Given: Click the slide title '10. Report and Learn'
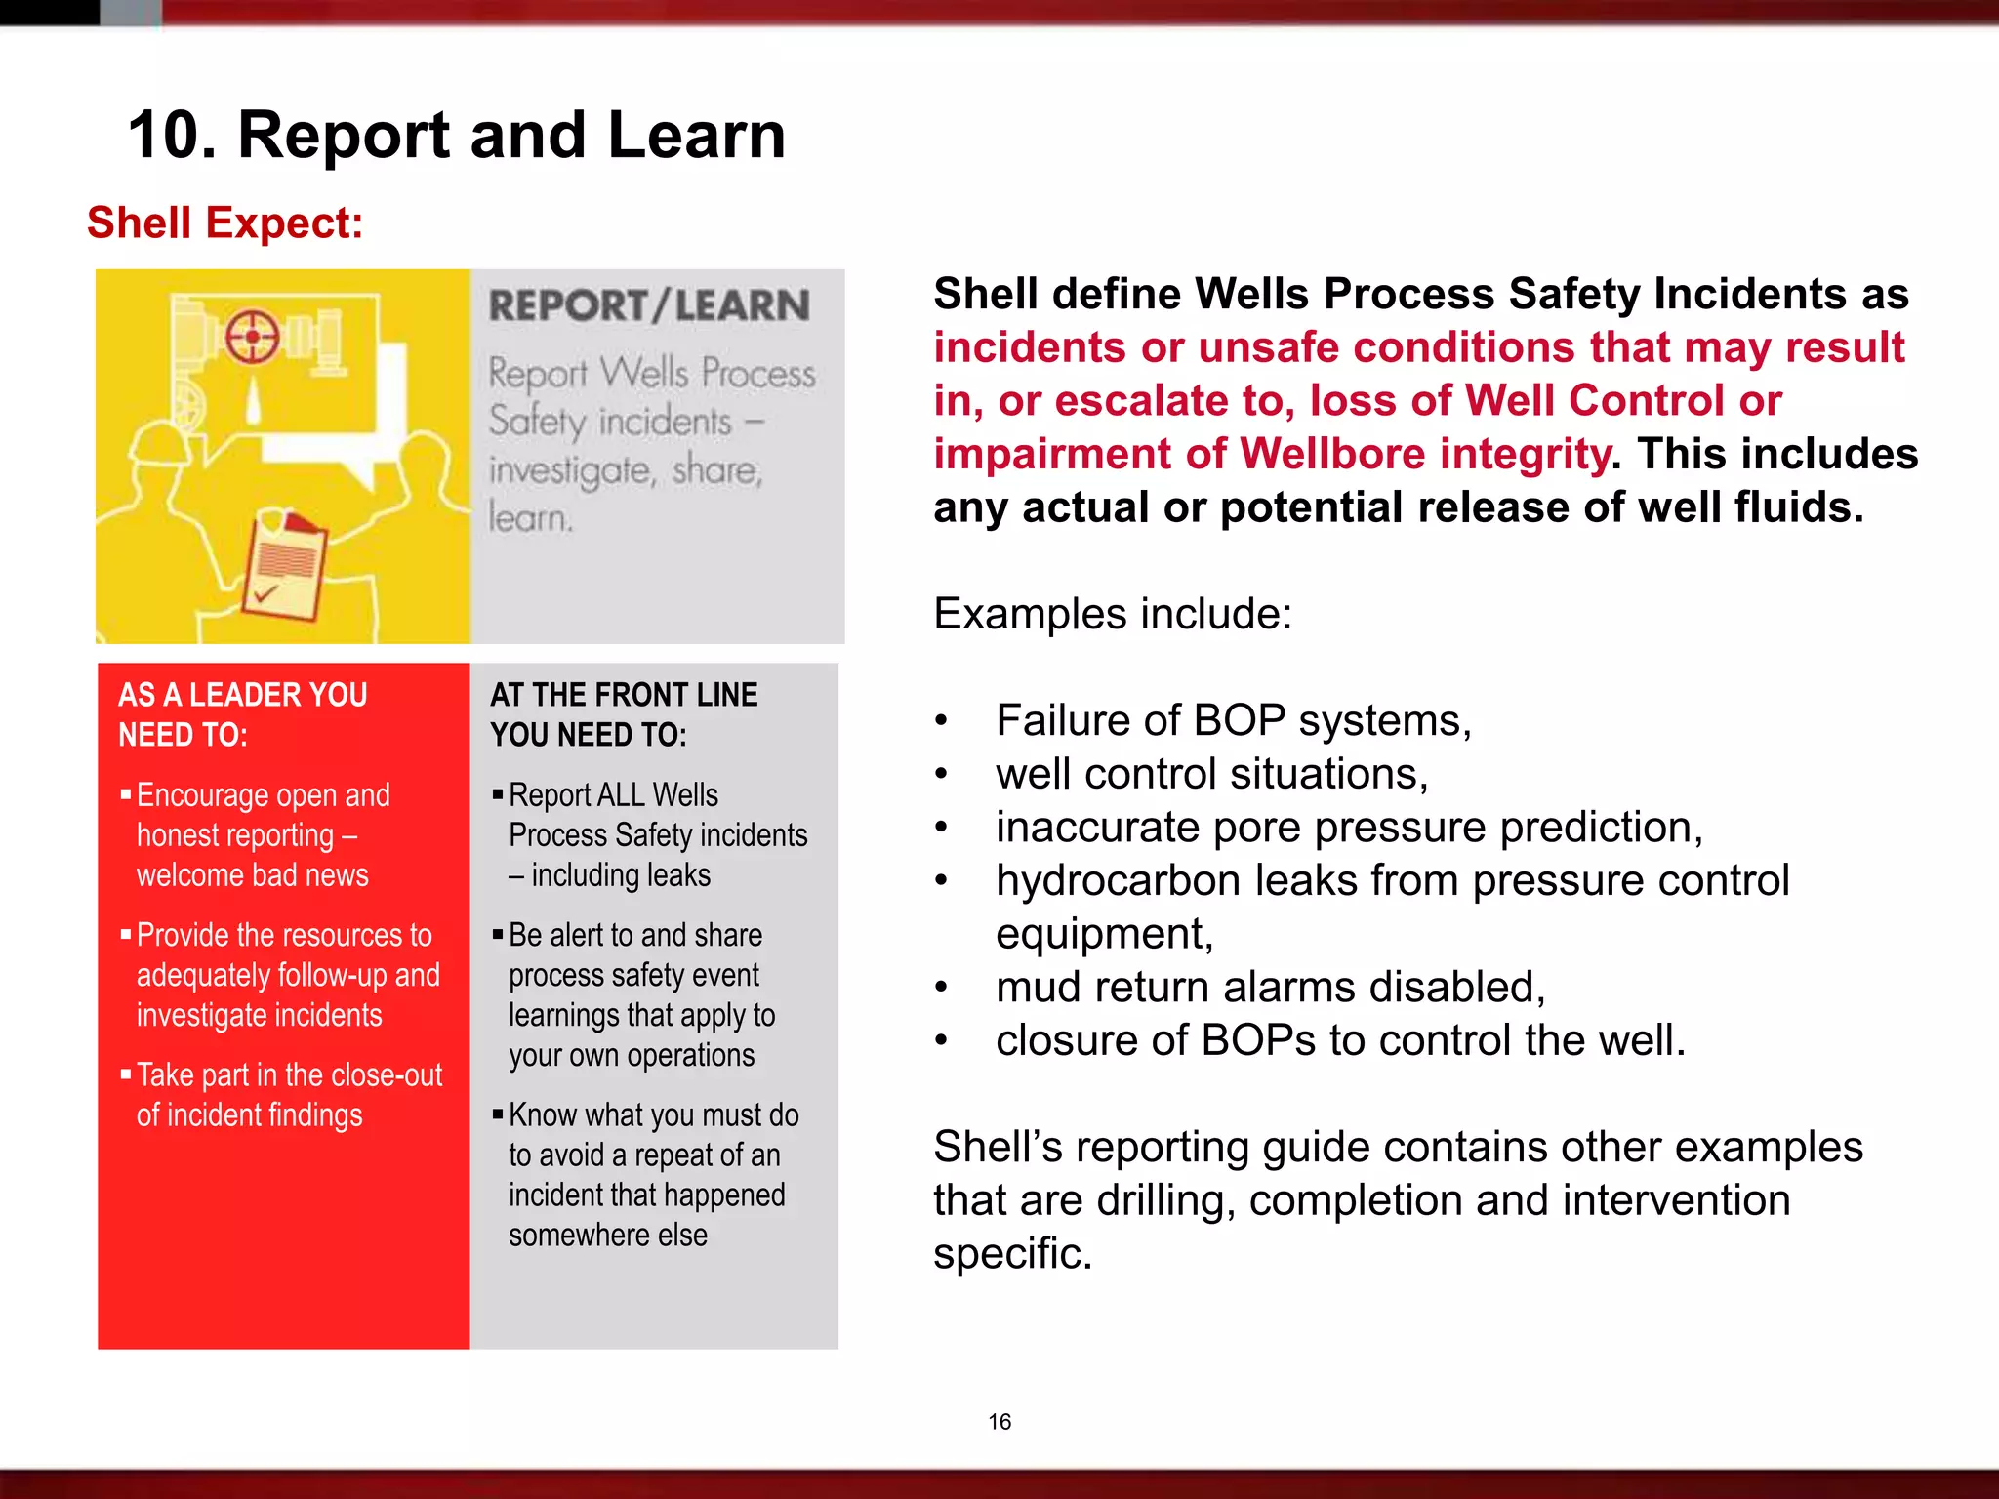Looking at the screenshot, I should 456,135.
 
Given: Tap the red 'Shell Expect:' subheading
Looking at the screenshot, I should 224,223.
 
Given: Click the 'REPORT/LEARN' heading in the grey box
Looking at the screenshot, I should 649,306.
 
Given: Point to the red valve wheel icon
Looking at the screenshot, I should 253,338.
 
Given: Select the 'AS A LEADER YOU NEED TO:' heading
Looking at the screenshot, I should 243,714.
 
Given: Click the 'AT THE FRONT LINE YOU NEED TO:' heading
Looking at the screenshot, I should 624,714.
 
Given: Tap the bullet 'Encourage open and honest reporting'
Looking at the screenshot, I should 263,835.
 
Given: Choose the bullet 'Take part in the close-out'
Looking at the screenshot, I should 289,1095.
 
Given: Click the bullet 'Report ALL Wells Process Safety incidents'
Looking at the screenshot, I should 657,835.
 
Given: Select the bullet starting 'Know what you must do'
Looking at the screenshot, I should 652,1175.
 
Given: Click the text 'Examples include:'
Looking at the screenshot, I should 1113,615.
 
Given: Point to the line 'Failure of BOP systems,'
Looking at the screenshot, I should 1233,721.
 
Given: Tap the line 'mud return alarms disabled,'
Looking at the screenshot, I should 1270,988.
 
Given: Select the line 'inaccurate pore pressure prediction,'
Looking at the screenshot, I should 1349,828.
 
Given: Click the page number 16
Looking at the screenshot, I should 999,1422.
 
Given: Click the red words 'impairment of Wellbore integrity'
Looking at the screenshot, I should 1271,455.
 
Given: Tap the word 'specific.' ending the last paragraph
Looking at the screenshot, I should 1012,1254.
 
